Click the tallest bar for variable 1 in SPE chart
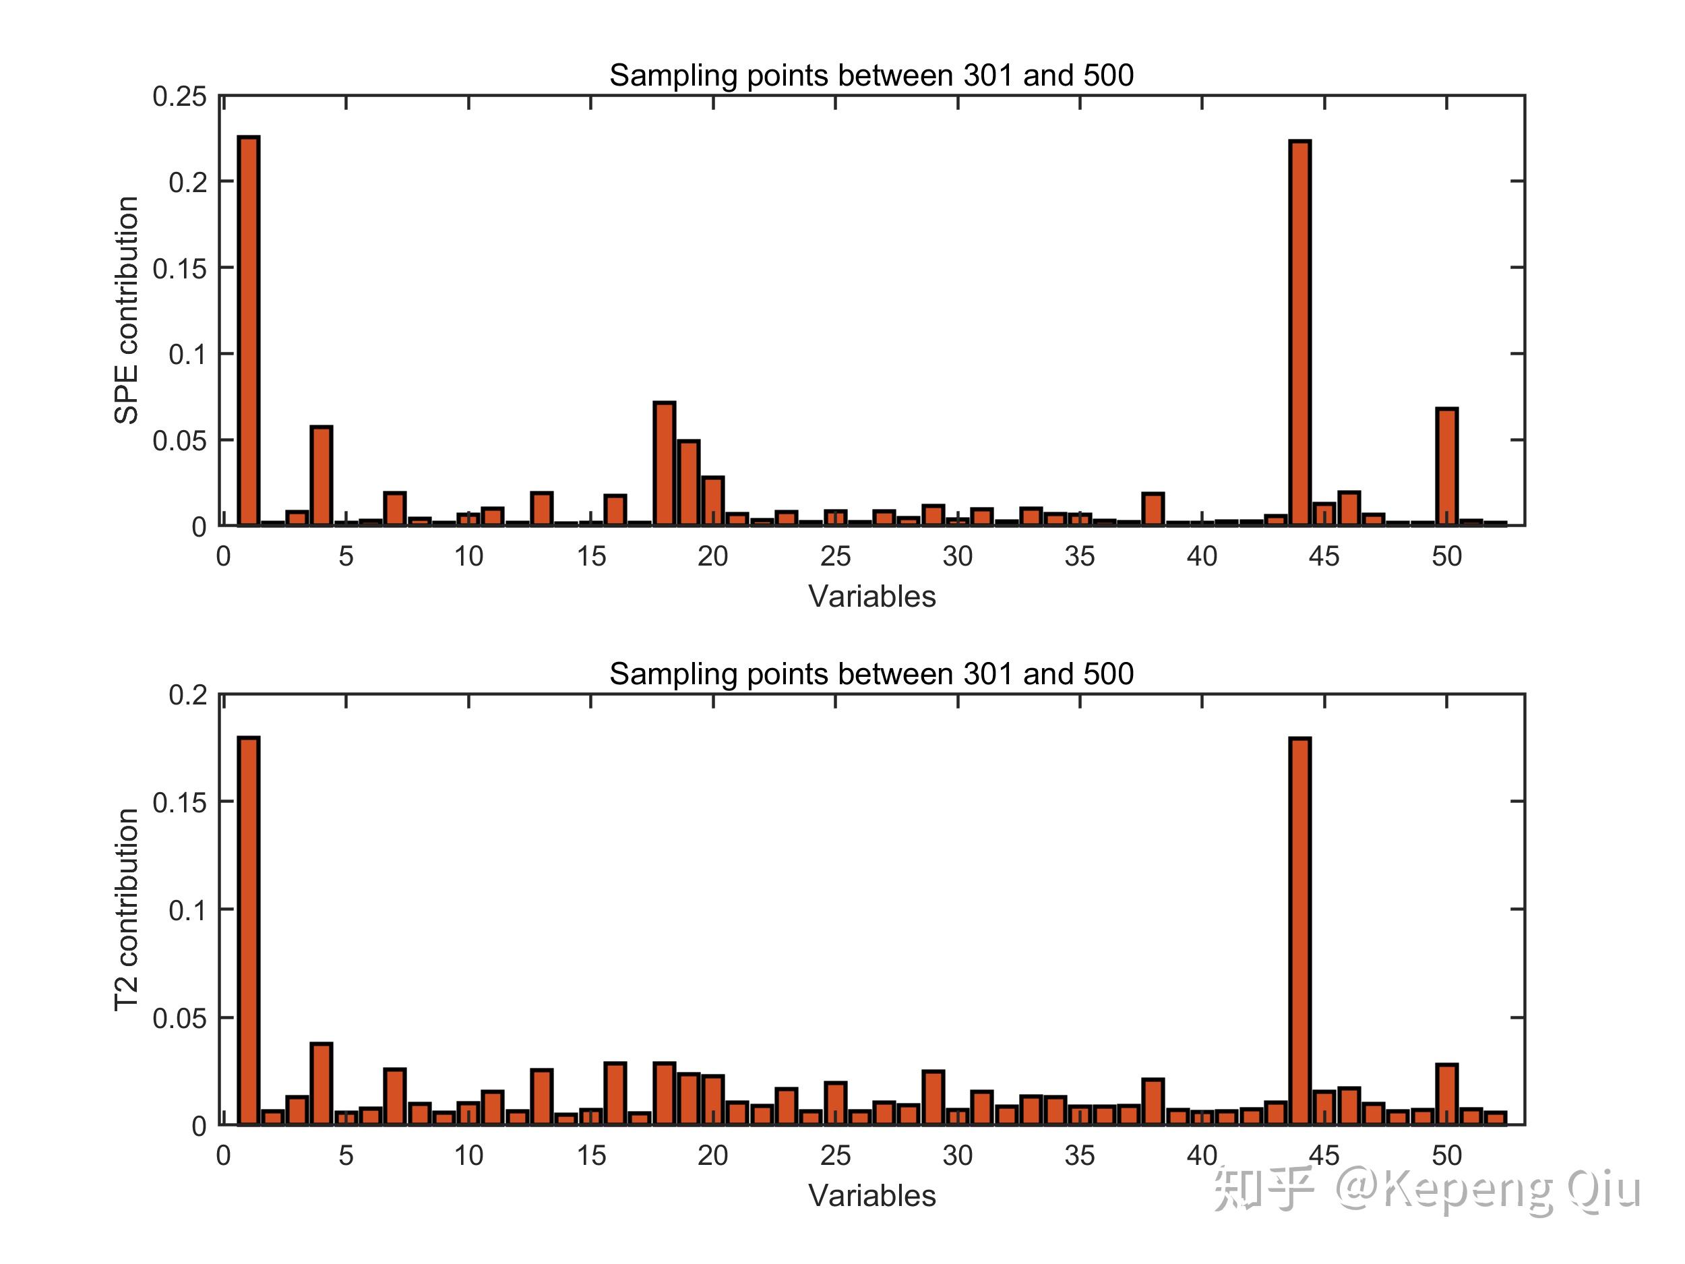[248, 331]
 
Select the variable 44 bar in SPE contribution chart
[1299, 333]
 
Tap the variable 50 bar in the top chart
[1446, 467]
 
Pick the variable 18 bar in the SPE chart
[665, 463]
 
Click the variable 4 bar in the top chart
[321, 475]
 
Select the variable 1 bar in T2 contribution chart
[248, 930]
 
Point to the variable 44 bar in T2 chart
[1299, 930]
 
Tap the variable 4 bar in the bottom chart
[321, 1083]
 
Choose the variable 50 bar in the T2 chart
[1446, 1094]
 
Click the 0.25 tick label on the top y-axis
[180, 97]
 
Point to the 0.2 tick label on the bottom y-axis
[187, 695]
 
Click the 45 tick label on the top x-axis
[1324, 557]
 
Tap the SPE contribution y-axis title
[127, 310]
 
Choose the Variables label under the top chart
[871, 597]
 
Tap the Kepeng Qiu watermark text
[1512, 1190]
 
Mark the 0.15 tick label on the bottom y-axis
[180, 803]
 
